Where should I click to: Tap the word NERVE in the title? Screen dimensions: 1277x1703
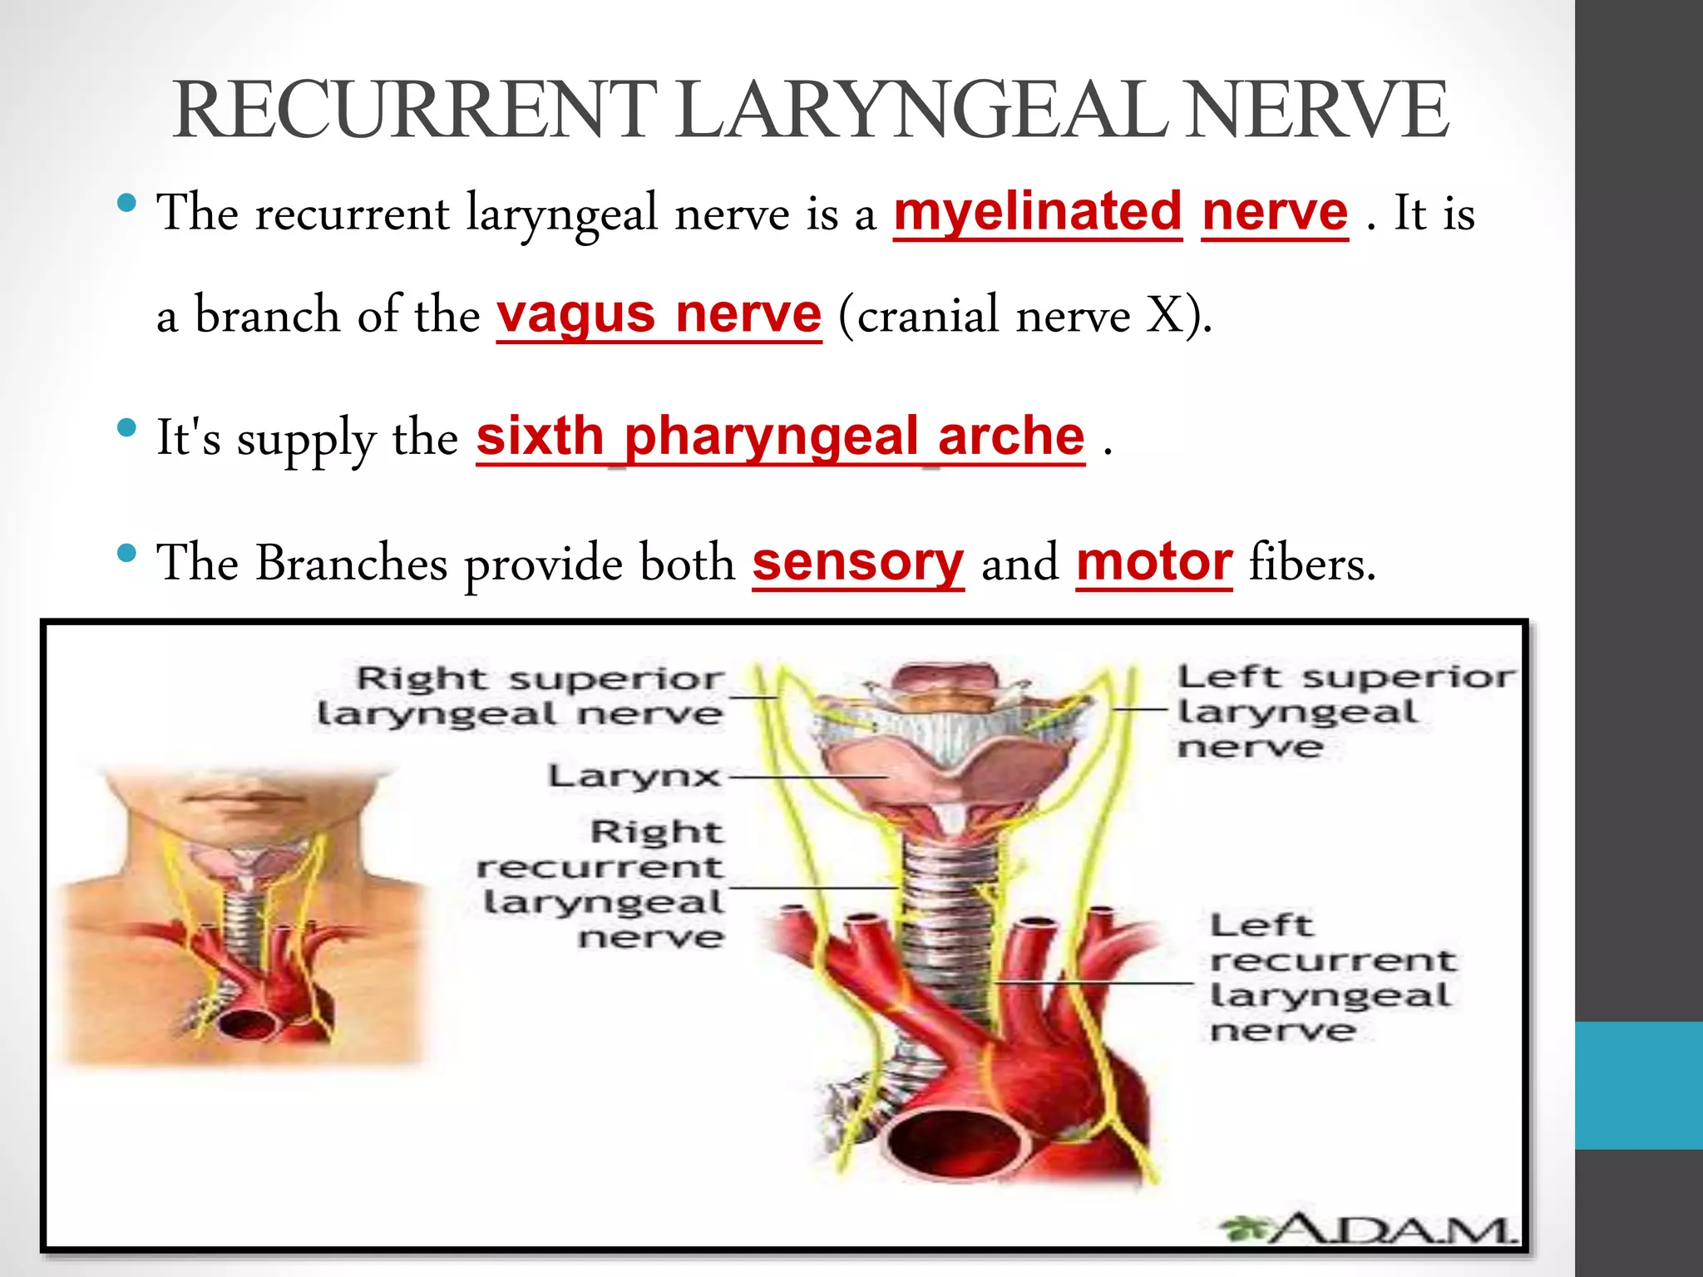click(x=1317, y=111)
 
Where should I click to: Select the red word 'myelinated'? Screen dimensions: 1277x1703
click(x=1037, y=212)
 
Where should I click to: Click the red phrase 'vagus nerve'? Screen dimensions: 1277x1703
click(x=659, y=314)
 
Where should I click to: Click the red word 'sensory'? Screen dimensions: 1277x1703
click(x=857, y=563)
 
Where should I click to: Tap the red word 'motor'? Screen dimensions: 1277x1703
click(x=1153, y=563)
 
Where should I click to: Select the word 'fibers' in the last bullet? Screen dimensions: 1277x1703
click(x=1311, y=563)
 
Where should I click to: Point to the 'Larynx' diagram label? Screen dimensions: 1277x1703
click(x=634, y=777)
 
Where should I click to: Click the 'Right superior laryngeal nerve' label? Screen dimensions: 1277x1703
click(x=521, y=696)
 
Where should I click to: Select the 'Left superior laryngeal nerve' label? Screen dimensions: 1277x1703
click(x=1345, y=711)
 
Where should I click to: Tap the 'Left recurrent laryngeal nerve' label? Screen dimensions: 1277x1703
click(x=1331, y=977)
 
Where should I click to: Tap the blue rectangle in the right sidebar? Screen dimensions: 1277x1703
click(x=1638, y=1085)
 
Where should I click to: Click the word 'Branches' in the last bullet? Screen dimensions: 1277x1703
click(x=351, y=563)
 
